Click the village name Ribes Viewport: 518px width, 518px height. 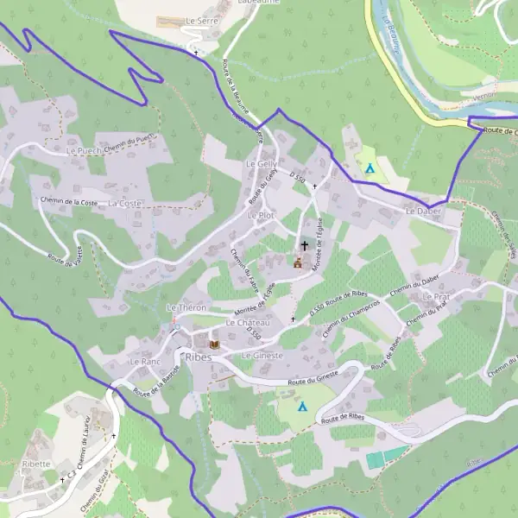coord(198,357)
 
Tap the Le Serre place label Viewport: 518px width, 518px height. coord(202,19)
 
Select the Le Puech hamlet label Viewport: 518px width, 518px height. coord(84,149)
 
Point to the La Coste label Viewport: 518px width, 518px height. coord(124,204)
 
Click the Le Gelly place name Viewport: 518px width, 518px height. coord(261,164)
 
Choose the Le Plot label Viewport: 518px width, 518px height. coord(260,215)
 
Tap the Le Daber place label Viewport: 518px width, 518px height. coord(422,211)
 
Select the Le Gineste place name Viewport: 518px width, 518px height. coord(262,356)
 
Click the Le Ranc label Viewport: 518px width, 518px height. coord(145,362)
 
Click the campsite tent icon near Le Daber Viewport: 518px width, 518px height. coord(370,167)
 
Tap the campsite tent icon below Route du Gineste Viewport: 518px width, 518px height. coord(302,406)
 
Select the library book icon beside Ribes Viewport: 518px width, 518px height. coord(214,344)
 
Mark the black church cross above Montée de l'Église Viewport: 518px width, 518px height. coord(304,246)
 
